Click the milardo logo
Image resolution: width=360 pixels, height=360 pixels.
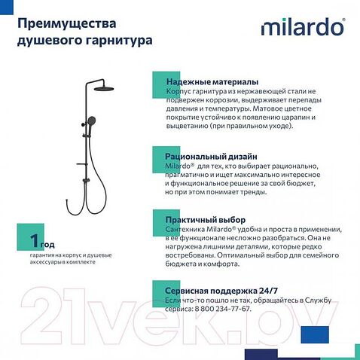[x=303, y=28]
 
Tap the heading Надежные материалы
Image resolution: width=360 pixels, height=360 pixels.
[x=212, y=81]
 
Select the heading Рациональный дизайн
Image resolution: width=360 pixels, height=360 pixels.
[x=212, y=154]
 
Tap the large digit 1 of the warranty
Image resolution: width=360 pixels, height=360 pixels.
[x=33, y=242]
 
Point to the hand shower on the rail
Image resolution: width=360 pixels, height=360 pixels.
[x=92, y=123]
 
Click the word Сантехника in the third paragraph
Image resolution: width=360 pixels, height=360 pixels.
[x=186, y=228]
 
